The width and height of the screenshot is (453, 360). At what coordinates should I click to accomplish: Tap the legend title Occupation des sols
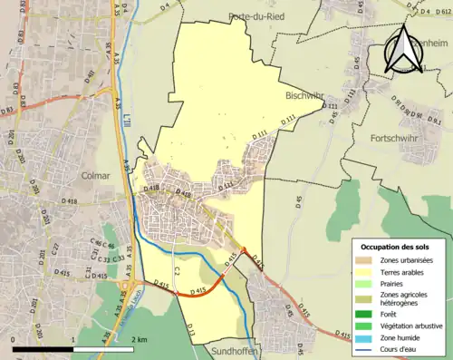[396, 248]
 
